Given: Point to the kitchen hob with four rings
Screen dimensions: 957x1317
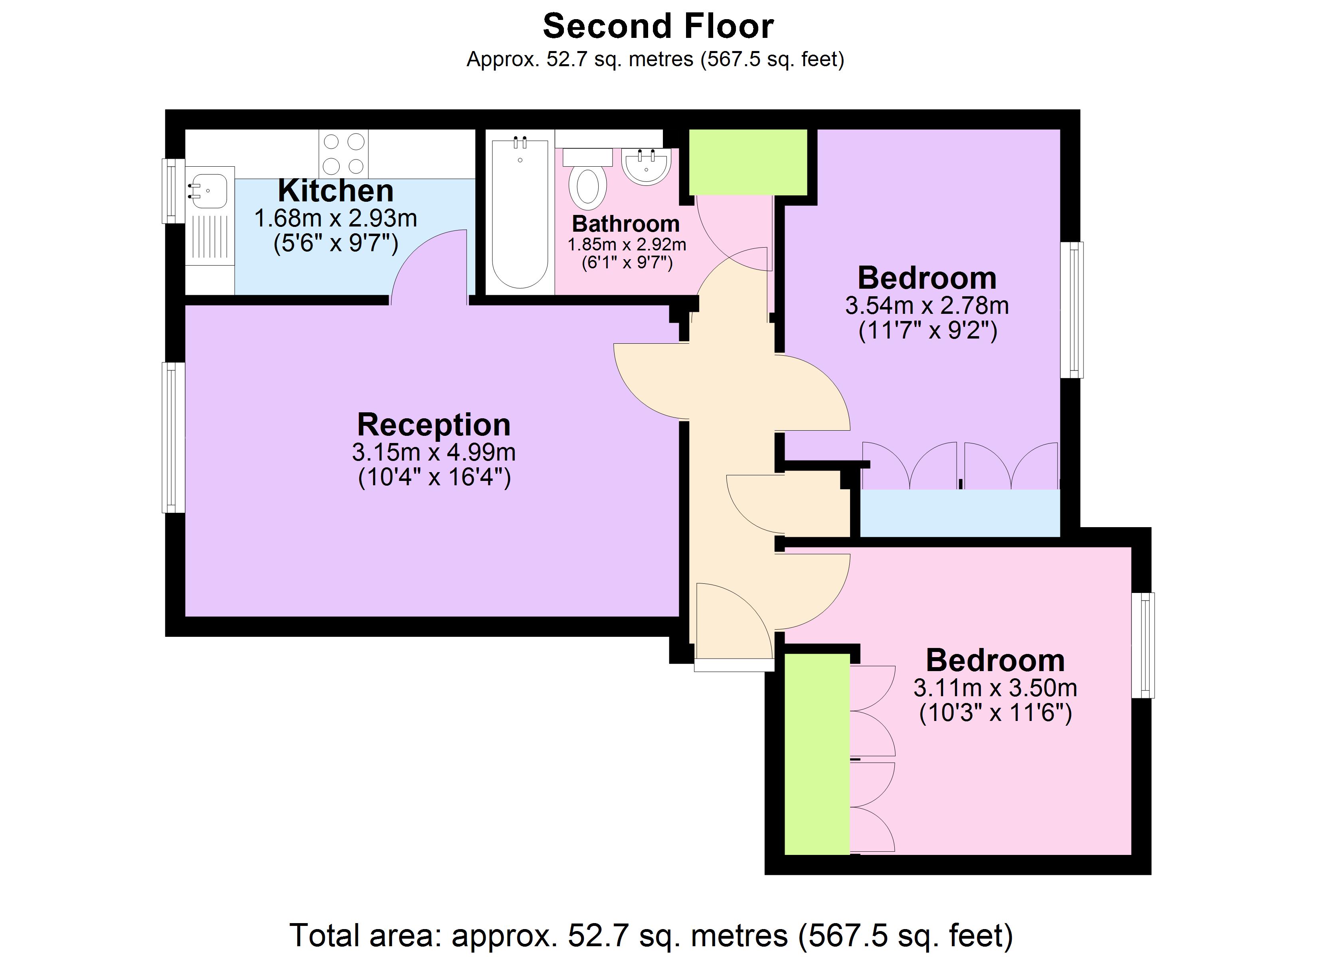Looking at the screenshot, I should [x=342, y=154].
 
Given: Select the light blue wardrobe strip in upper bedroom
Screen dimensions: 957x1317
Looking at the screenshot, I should [x=959, y=513].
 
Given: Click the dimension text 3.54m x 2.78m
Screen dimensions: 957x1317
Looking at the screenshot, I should [x=927, y=306].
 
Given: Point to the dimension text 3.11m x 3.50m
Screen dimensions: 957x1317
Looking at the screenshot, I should [x=995, y=688].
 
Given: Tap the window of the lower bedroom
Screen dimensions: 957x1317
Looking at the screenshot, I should [x=1143, y=645].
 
